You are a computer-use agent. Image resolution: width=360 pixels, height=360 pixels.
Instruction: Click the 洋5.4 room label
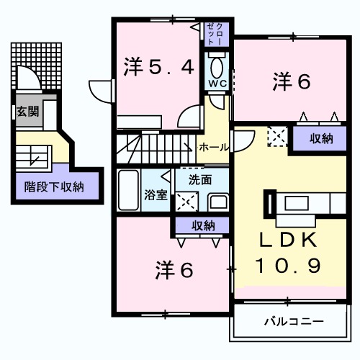coord(158,68)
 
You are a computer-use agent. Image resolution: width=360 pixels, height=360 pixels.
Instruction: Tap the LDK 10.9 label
coord(284,251)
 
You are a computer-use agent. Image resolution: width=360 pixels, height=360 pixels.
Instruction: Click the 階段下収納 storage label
coord(54,186)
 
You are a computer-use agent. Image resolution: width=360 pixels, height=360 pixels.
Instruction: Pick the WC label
coord(218,82)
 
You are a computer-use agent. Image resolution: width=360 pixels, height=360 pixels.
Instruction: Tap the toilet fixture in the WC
coord(217,66)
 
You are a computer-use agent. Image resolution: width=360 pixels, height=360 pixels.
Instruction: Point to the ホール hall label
coord(214,147)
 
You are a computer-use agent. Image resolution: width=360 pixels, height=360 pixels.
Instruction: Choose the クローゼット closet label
coord(215,34)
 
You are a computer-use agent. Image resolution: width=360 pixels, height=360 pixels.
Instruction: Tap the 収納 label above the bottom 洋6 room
coord(203,225)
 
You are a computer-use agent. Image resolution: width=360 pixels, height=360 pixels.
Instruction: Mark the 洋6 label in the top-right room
coord(291,81)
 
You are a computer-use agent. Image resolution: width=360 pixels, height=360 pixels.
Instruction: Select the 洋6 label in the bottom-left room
coord(174,270)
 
